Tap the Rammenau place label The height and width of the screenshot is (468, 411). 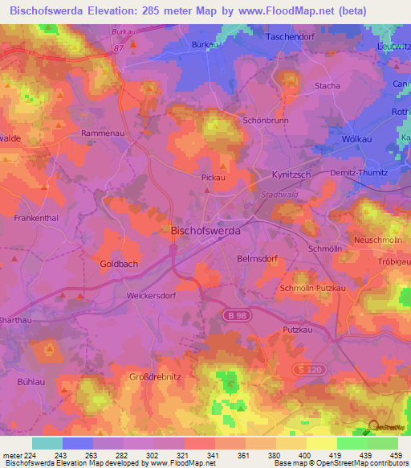tap(101, 133)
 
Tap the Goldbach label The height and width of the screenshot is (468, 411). tap(119, 264)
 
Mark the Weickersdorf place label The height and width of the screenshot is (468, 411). tap(151, 295)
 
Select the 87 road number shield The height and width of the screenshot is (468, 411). tap(119, 50)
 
